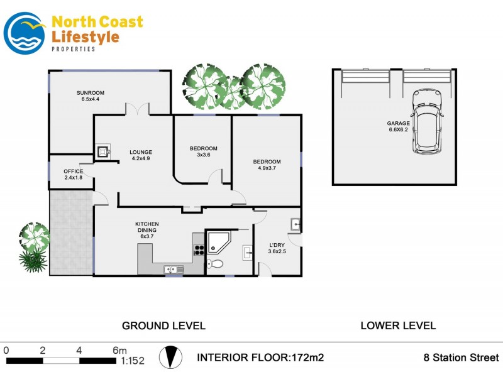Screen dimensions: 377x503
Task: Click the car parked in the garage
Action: [428, 122]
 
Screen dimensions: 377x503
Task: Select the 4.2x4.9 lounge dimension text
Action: [141, 159]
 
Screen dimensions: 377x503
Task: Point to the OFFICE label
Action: [73, 172]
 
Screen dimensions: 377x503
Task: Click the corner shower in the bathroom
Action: [218, 241]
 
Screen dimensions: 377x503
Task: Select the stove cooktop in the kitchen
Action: [199, 248]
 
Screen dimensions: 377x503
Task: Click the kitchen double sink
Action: [174, 270]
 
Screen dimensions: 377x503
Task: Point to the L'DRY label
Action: [277, 244]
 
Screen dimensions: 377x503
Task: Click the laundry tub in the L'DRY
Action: [296, 224]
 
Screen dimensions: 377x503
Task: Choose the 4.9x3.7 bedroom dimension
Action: [267, 168]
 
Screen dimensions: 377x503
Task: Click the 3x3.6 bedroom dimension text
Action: [202, 156]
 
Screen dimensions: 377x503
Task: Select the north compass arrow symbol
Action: [169, 357]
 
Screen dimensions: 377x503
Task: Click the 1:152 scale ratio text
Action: [132, 361]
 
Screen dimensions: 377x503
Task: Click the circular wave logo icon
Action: [24, 33]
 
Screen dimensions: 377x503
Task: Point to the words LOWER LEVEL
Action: [398, 325]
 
